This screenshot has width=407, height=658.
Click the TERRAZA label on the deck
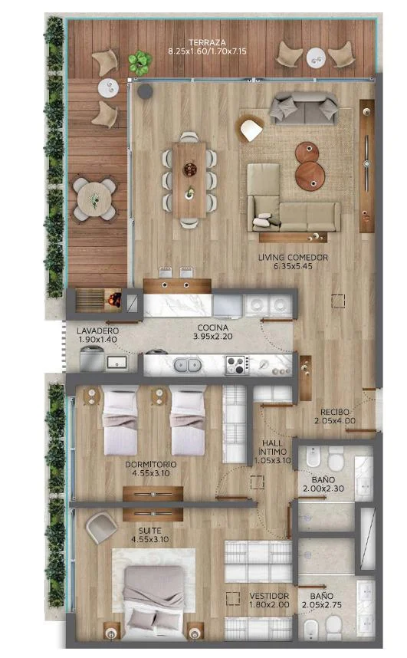(x=207, y=42)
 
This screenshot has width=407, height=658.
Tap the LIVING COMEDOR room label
(x=293, y=257)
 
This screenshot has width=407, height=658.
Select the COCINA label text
(x=213, y=327)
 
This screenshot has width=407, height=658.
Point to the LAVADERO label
(x=97, y=331)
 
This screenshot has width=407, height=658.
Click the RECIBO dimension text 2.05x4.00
(x=335, y=420)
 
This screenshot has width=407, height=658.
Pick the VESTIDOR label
(x=269, y=596)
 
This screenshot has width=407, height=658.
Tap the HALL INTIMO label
(x=272, y=447)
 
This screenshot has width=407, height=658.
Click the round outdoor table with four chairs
(x=95, y=199)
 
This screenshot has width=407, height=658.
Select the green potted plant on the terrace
(x=139, y=62)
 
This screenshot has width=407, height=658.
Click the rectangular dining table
(x=189, y=179)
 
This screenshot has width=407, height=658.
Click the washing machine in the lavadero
(x=92, y=359)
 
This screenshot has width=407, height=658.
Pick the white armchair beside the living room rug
(x=251, y=129)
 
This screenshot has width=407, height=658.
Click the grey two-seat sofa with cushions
(x=304, y=108)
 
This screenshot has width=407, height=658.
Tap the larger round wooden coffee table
(x=310, y=175)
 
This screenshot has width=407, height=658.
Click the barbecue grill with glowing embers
(x=113, y=299)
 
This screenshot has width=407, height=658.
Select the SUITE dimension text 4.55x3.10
(x=149, y=539)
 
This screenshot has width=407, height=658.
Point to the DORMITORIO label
(x=151, y=464)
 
